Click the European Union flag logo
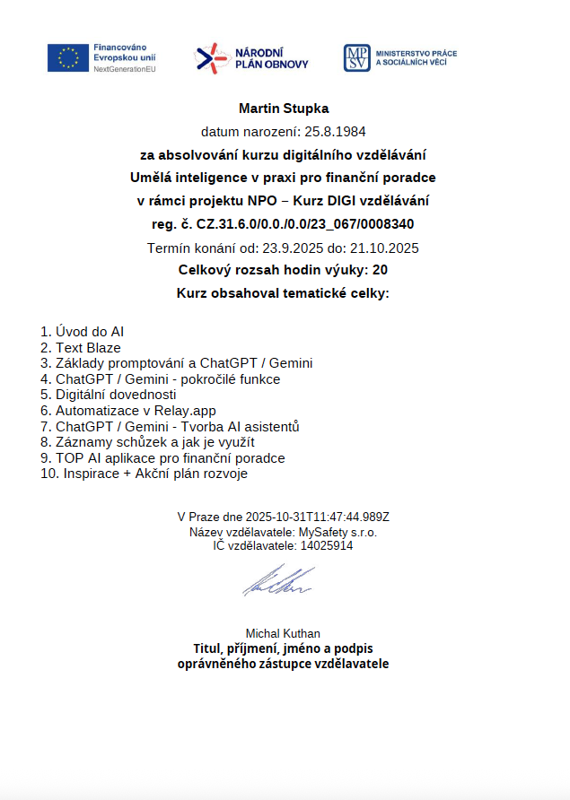[x=68, y=57]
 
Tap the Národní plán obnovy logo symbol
[x=212, y=58]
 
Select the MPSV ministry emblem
[x=355, y=58]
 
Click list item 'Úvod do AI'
[x=89, y=332]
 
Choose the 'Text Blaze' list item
[x=88, y=347]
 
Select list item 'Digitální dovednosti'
[x=116, y=395]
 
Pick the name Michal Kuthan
[x=283, y=633]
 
